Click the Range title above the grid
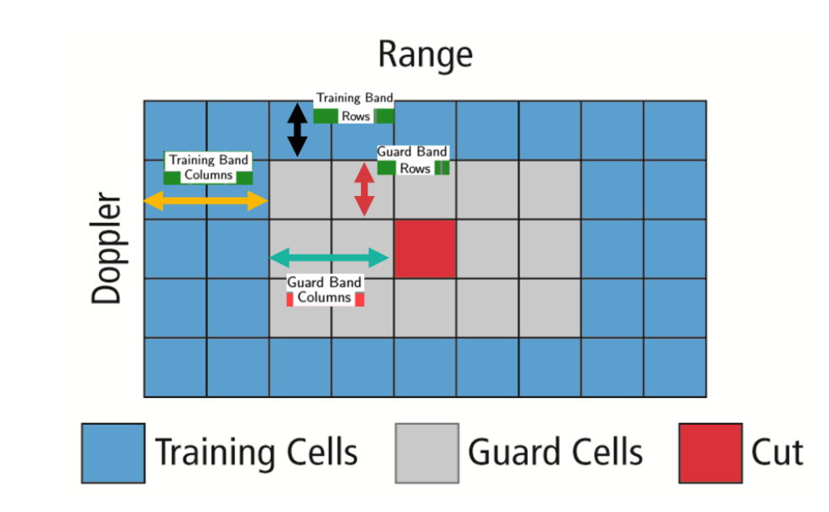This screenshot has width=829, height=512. (425, 54)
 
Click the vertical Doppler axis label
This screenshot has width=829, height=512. (107, 249)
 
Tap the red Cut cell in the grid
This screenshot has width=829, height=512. (425, 249)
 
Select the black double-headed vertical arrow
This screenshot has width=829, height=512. (297, 130)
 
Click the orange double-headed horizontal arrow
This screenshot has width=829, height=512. (206, 200)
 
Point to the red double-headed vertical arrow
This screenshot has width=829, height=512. (363, 189)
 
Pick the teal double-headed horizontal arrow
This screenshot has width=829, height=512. (330, 257)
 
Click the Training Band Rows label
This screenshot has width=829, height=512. (354, 107)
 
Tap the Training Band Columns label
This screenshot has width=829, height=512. (208, 168)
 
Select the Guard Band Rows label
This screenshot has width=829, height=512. (413, 159)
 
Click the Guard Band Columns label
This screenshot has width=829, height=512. (325, 290)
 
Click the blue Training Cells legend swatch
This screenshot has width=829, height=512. (113, 453)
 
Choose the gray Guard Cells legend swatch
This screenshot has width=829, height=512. (426, 453)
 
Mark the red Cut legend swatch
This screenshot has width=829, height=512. (710, 453)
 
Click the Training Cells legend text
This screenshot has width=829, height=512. (256, 453)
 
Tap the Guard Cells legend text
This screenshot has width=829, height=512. (555, 453)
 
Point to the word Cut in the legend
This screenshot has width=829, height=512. (777, 453)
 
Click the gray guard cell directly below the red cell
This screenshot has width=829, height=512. (425, 308)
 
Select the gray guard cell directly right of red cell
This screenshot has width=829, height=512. (487, 249)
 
